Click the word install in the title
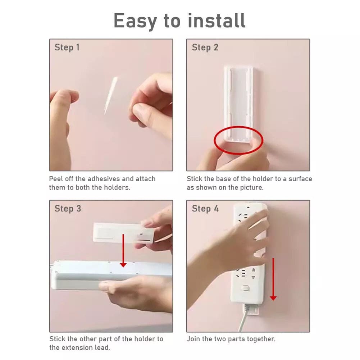point(217,20)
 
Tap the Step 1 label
point(67,47)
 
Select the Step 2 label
point(205,47)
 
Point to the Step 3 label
point(68,209)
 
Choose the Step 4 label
point(205,209)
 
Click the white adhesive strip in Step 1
point(111,95)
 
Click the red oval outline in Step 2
point(238,127)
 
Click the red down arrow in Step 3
point(123,250)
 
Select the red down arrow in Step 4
point(273,279)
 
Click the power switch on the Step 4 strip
point(245,288)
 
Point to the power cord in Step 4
point(244,318)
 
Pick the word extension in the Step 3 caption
point(78,348)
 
